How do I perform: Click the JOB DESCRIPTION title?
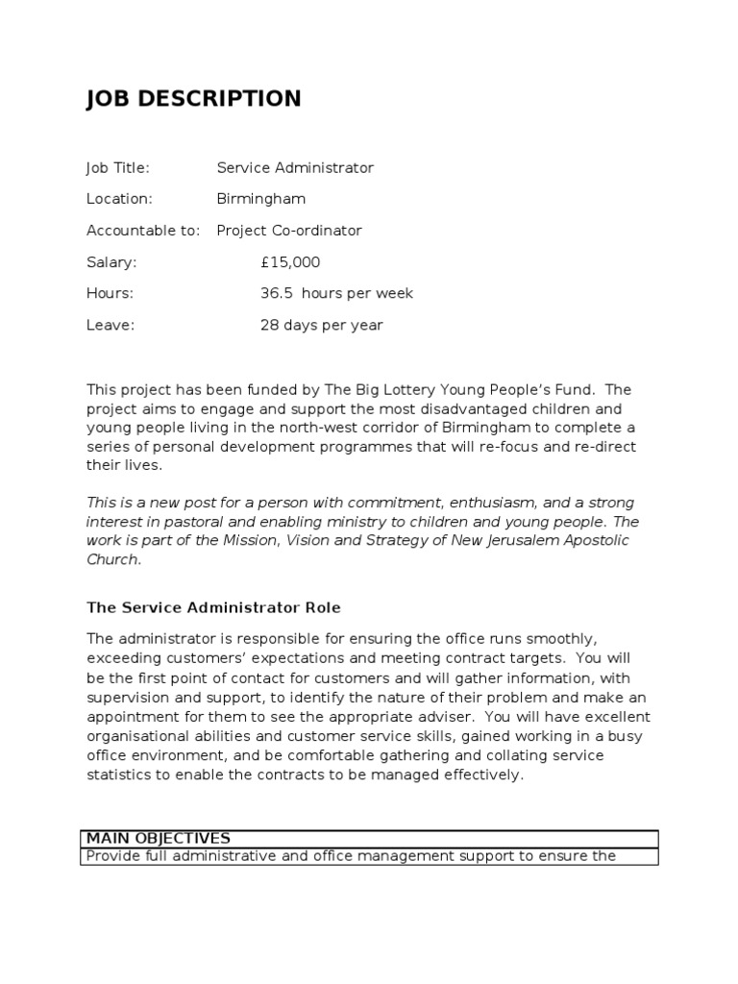pos(193,99)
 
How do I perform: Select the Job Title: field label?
pos(118,168)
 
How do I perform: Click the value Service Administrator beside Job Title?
pos(295,168)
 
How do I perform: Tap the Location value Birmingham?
pos(261,199)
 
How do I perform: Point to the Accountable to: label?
pos(143,231)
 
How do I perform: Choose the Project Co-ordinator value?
pos(289,231)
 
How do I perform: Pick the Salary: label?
pos(111,262)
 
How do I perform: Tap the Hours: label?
pos(111,293)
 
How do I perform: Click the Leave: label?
pos(111,325)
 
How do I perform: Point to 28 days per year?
pos(321,325)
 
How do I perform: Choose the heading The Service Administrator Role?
pos(213,608)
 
